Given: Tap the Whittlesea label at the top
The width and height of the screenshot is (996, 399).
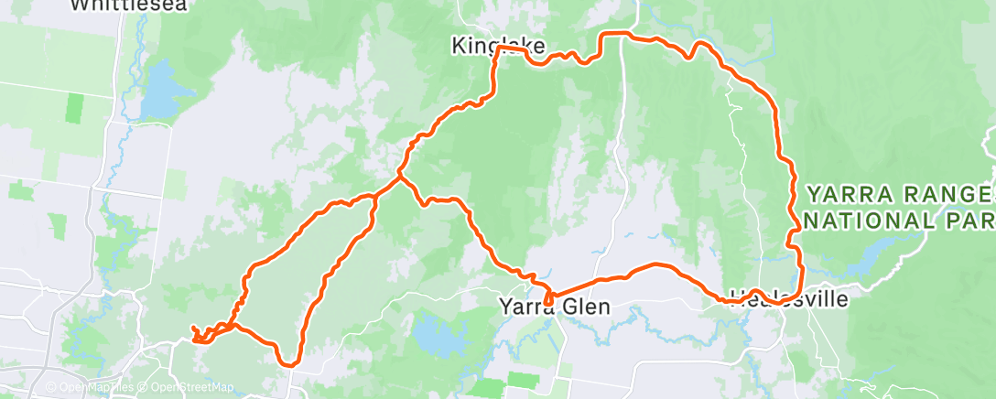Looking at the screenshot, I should [128, 5].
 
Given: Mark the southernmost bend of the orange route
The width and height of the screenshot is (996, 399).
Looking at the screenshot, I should [288, 363].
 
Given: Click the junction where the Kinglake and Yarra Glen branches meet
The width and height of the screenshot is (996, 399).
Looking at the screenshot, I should [399, 176].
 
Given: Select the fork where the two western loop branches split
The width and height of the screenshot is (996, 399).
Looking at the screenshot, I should [376, 195].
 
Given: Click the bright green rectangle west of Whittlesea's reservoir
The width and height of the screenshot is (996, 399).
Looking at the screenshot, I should [73, 107].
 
